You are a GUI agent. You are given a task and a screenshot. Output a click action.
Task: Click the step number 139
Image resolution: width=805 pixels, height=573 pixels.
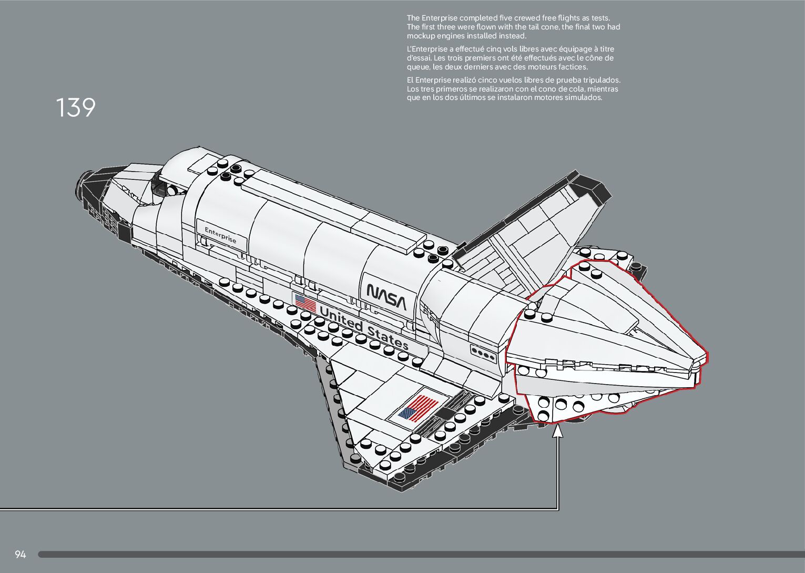(76, 107)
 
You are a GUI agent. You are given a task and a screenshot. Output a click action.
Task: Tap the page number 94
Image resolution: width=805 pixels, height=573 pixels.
(20, 554)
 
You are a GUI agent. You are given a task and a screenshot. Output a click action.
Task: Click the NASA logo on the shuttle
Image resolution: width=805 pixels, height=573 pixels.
(386, 297)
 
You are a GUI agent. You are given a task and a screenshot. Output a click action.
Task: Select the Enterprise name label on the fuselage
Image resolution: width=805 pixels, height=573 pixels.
(221, 235)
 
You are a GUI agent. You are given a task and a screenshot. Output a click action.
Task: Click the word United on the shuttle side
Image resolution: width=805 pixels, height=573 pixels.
(341, 318)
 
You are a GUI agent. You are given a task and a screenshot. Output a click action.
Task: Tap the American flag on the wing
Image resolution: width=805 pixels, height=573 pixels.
(418, 408)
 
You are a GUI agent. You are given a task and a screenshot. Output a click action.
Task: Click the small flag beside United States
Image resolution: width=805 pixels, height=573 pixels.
(305, 303)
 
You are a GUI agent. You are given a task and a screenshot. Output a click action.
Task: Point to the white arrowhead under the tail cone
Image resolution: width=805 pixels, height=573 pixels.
(558, 431)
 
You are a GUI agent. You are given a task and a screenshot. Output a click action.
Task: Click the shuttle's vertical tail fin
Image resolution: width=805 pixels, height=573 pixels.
(532, 230)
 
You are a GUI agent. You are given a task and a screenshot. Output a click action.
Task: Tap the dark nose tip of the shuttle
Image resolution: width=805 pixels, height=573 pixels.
(86, 182)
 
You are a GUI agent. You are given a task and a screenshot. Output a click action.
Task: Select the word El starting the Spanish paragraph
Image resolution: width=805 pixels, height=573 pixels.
(410, 80)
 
